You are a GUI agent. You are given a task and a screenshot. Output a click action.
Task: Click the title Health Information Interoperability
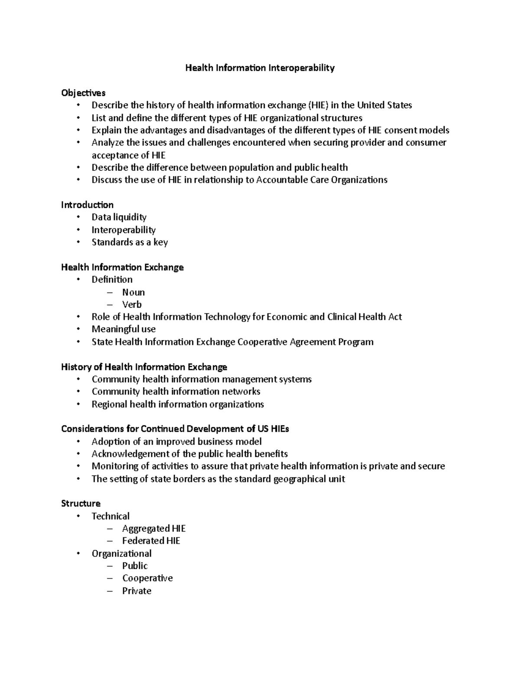point(260,68)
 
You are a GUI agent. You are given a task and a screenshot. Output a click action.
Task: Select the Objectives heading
point(83,93)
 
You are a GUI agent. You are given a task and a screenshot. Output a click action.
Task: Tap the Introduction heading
point(87,205)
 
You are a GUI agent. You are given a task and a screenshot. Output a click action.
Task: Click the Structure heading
point(81,503)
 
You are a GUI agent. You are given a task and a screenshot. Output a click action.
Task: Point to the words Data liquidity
point(119,217)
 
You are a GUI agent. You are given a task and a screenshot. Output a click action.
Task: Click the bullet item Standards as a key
point(130,242)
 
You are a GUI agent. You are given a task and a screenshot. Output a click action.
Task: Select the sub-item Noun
point(133,292)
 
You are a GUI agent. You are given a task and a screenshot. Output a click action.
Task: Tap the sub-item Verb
point(132,304)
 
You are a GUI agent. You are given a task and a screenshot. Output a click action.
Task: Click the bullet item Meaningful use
point(123,329)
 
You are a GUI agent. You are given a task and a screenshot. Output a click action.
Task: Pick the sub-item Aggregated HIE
point(154,528)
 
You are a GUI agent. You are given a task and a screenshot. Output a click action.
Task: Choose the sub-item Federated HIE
point(151,541)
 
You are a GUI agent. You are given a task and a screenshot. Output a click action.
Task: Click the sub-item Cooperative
point(147,578)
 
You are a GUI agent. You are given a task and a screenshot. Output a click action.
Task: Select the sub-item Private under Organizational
point(136,591)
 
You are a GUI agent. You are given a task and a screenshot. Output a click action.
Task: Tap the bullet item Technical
point(110,516)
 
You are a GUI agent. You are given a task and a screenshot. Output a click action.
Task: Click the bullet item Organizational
point(121,553)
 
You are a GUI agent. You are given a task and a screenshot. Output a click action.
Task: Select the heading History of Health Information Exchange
point(144,367)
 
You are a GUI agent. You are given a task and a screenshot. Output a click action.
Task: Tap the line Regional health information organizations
point(178,404)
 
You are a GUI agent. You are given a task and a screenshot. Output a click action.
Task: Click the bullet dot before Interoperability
point(78,230)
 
